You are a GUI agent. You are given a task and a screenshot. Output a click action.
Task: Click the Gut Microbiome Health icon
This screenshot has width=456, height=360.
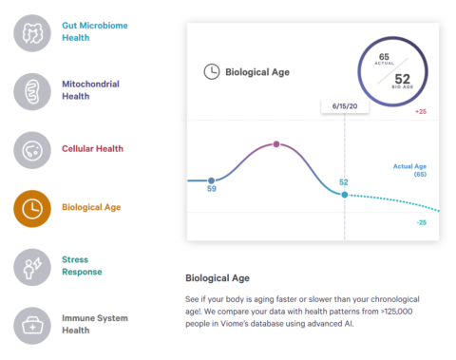pos(32,32)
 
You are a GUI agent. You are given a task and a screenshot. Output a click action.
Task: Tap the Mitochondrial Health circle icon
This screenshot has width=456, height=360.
pos(32,90)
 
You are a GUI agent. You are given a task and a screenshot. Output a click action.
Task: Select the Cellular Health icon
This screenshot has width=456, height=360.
pos(32,149)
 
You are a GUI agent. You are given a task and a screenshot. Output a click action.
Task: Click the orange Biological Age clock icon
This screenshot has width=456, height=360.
pos(32,208)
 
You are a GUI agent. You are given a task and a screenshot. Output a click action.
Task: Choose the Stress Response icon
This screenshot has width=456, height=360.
pos(32,265)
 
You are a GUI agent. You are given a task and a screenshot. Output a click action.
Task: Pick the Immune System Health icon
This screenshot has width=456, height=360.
pos(32,325)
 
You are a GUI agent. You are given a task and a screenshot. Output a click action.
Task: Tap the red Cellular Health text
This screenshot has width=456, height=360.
pos(93,149)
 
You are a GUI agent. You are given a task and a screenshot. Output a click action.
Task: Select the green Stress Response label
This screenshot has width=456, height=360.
pos(82,265)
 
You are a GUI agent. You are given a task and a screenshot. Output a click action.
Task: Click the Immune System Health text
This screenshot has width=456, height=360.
pos(94,324)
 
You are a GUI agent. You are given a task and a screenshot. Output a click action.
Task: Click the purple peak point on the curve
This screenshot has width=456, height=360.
pos(276,144)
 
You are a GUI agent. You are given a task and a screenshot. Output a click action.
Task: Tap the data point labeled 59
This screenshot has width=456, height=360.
pos(212,180)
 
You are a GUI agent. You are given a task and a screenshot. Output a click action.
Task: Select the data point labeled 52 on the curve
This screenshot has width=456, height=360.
pos(344,194)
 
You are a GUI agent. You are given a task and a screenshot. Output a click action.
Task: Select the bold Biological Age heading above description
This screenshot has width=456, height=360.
pos(217,279)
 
